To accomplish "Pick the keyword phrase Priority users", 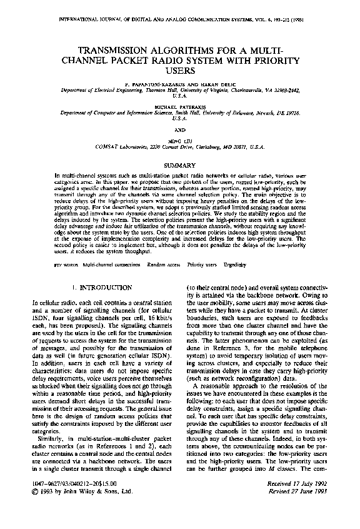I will [201, 264].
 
